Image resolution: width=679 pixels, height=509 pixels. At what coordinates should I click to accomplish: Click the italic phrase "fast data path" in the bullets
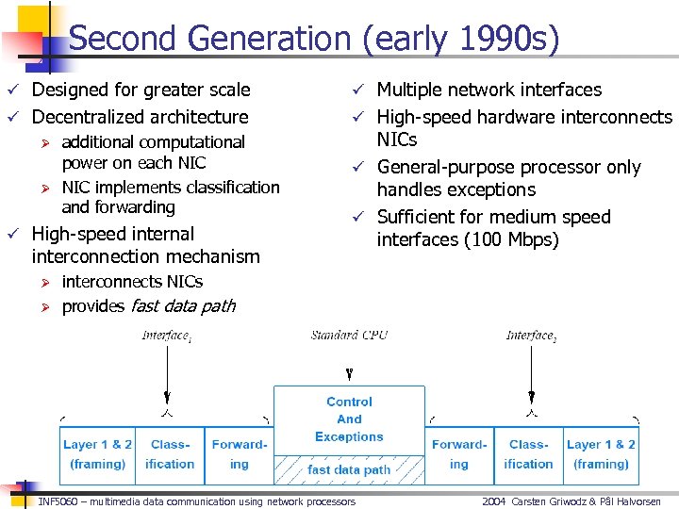point(182,306)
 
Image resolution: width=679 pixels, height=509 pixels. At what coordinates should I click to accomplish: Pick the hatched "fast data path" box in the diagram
point(349,468)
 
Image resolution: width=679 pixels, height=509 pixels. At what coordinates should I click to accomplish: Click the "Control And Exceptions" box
point(349,419)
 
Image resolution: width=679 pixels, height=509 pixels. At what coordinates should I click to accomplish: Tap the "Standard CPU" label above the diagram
point(349,336)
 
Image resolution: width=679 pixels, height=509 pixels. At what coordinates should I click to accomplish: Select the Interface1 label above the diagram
point(167,336)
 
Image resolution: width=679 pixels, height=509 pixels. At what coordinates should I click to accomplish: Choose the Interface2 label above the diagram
point(531,336)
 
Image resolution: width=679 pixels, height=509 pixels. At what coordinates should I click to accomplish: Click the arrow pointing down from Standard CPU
point(349,373)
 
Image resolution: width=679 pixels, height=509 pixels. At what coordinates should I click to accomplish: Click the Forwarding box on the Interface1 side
point(239,453)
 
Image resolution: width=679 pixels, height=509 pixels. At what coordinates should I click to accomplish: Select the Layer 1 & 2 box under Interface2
point(601,453)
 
